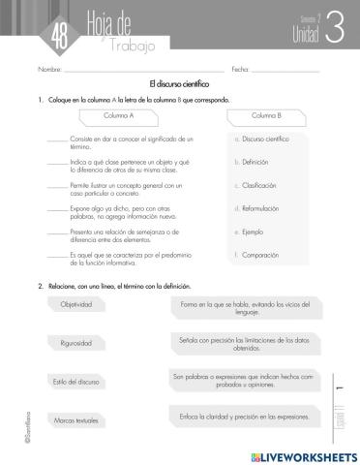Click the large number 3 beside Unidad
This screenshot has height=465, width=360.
(334, 29)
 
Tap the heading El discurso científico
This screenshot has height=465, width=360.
(179, 85)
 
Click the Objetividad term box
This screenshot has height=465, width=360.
(77, 304)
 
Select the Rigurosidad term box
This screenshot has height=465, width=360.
(77, 343)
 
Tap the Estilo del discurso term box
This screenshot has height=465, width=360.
(77, 382)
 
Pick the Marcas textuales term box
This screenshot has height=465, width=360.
(77, 420)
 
